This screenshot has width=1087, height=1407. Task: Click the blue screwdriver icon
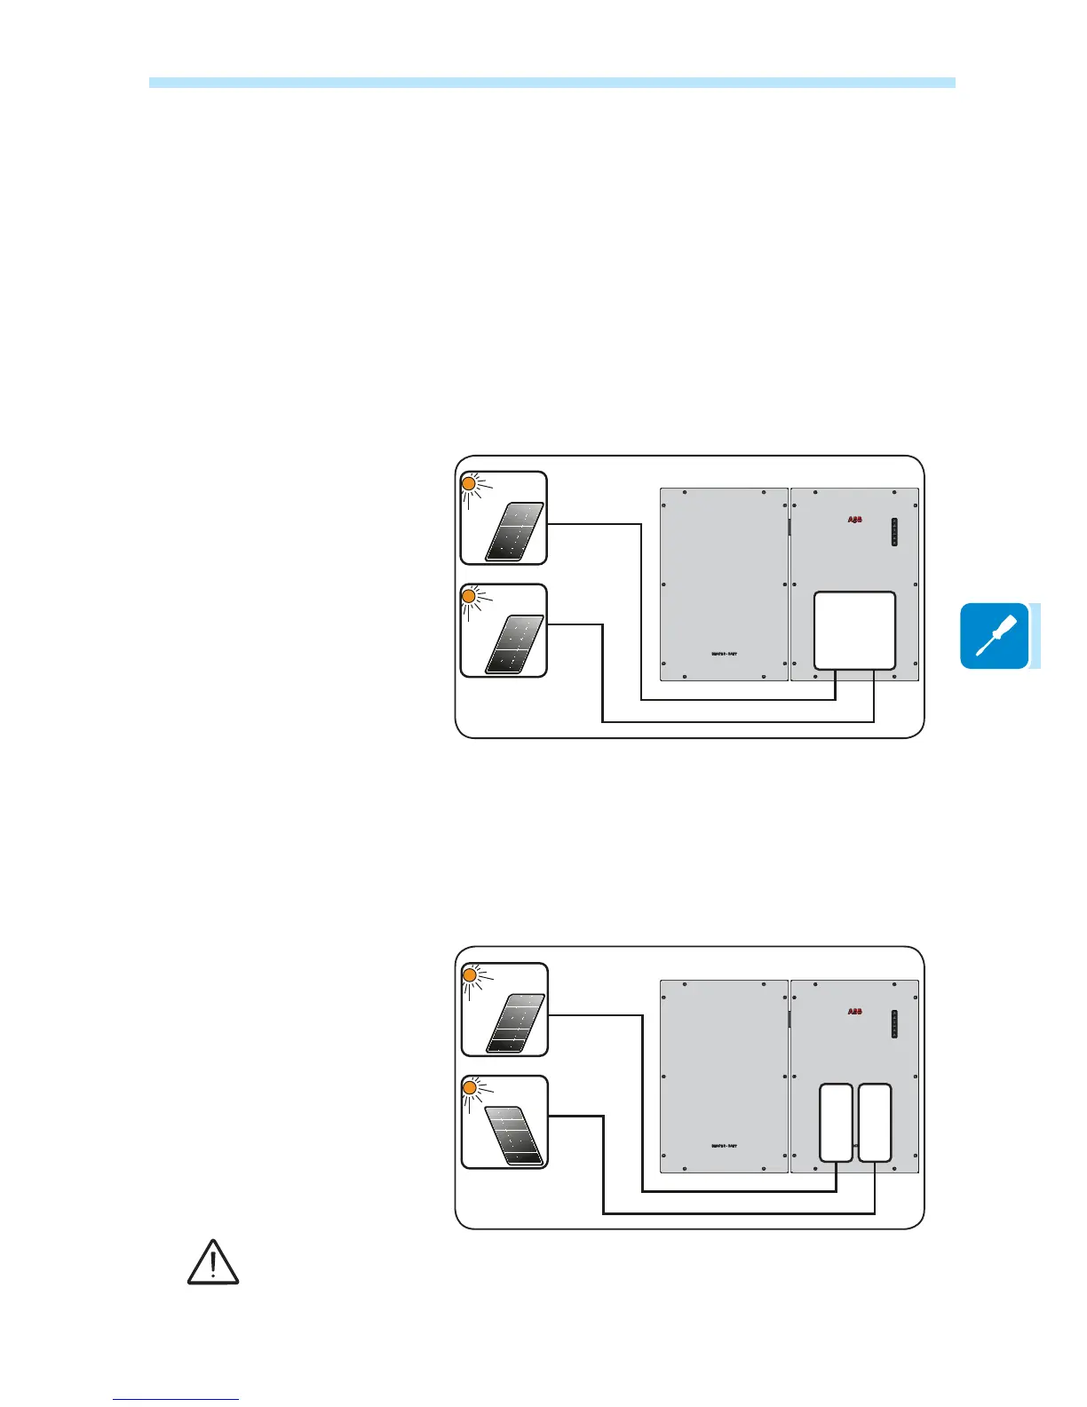point(994,636)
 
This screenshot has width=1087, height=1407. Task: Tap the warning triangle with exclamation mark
point(213,1263)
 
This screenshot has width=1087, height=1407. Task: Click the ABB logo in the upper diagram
point(854,520)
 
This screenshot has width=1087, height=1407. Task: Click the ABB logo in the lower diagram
point(854,1012)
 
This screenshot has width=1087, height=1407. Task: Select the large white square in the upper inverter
point(854,631)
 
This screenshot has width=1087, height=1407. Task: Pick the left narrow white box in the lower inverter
point(836,1123)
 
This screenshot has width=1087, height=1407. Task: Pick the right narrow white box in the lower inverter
point(875,1123)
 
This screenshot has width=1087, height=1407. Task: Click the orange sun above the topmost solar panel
point(470,484)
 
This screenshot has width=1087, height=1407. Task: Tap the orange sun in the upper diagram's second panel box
point(470,597)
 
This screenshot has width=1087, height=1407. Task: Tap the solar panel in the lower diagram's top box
point(516,1023)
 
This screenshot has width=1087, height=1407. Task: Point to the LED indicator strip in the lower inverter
point(894,1024)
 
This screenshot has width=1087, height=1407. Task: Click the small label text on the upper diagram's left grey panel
point(724,655)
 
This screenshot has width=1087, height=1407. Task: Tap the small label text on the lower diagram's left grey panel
point(724,1147)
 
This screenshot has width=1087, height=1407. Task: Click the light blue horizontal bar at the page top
point(551,83)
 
